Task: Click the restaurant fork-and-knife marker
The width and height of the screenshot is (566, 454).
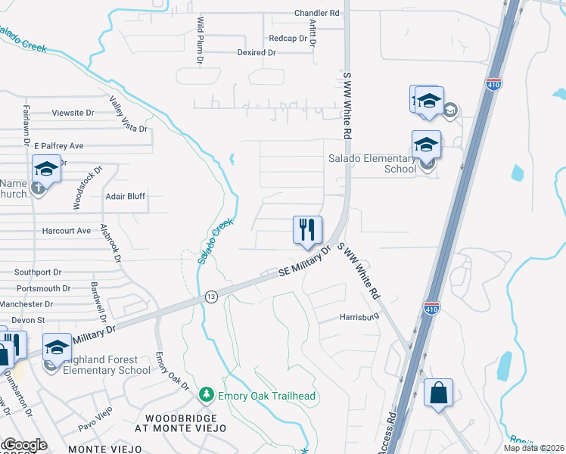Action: [x=307, y=230]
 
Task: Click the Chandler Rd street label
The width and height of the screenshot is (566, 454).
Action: [x=317, y=14]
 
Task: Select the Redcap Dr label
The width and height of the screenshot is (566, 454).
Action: [x=285, y=38]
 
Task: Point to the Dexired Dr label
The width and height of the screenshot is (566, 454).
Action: [x=256, y=53]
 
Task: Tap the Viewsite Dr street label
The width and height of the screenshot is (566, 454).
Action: [x=73, y=113]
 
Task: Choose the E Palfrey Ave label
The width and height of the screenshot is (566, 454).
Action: [x=57, y=145]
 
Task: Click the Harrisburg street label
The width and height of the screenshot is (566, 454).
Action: [x=359, y=317]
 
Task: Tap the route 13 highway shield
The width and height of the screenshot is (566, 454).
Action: [x=210, y=297]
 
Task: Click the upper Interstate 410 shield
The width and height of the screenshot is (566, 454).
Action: [x=494, y=84]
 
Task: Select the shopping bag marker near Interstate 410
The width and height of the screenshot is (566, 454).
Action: [x=439, y=393]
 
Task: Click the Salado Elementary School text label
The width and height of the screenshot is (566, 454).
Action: [x=372, y=163]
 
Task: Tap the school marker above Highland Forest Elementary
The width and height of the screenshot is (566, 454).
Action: [x=57, y=347]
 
